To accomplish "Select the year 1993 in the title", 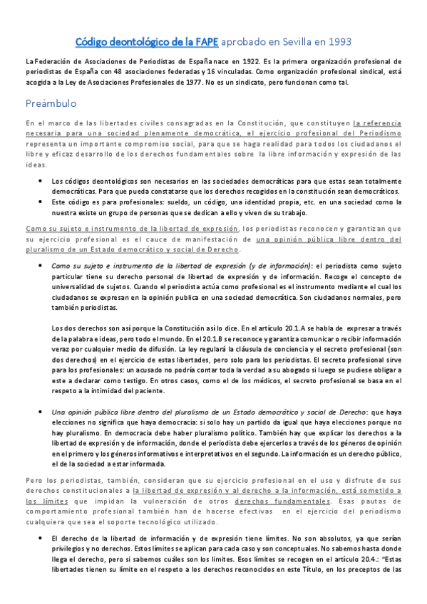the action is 336,42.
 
